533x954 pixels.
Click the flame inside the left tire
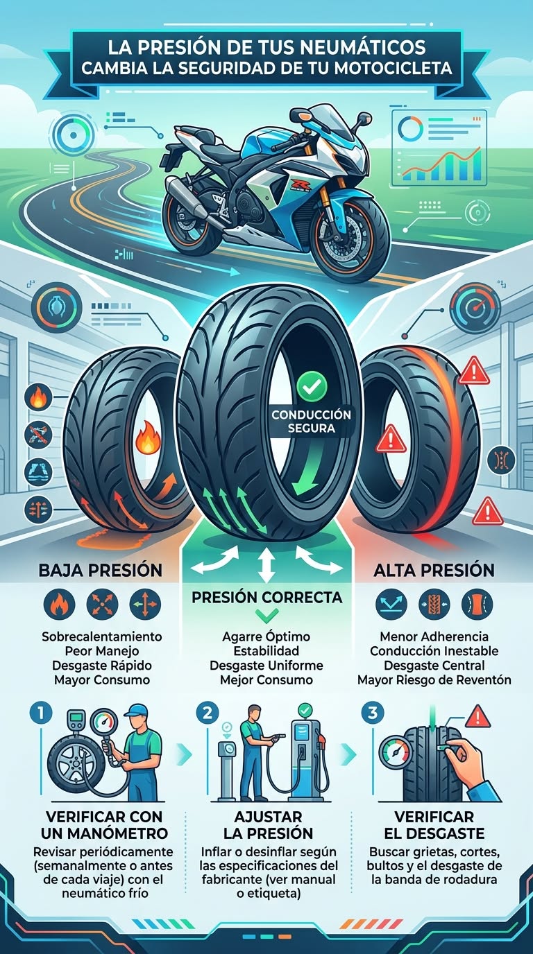[148, 437]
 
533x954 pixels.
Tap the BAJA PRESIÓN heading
[101, 570]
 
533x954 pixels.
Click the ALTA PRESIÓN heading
[434, 570]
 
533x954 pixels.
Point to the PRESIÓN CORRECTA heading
[267, 597]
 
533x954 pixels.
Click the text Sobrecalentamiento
[102, 636]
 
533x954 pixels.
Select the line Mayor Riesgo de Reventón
[434, 679]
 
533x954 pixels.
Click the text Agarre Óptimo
[266, 636]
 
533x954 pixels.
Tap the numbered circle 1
[41, 713]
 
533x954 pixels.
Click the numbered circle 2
[208, 713]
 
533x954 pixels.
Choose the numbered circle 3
[372, 713]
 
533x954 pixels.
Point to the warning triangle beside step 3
[477, 716]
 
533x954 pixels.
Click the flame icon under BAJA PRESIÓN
[59, 605]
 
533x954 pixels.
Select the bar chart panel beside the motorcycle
[439, 148]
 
